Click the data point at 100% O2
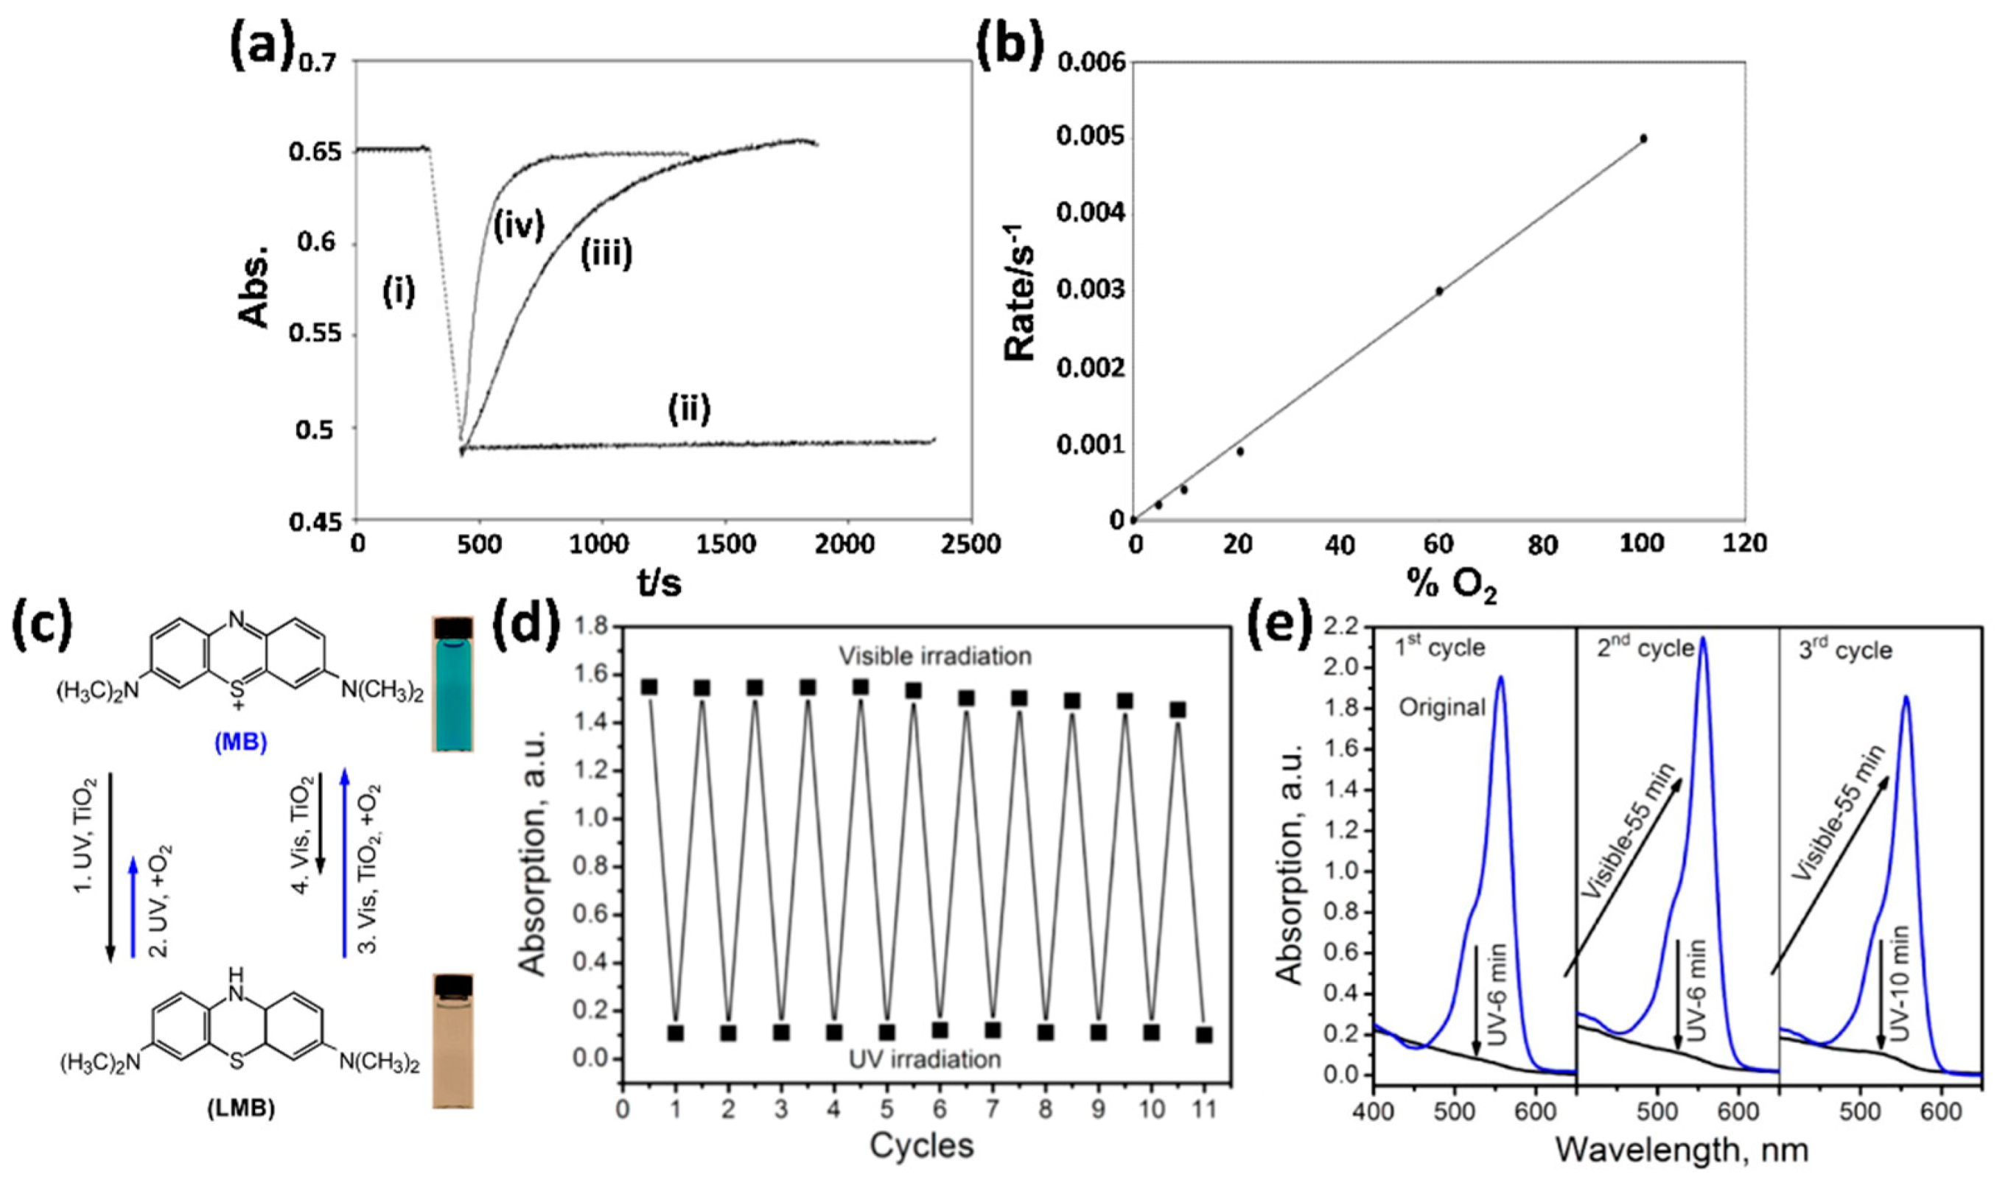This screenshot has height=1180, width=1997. tap(1643, 138)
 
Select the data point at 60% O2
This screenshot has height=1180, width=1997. tap(1438, 291)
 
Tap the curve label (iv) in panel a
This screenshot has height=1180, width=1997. tap(518, 226)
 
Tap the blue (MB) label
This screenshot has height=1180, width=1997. tap(240, 742)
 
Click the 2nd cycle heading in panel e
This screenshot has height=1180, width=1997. tap(1645, 649)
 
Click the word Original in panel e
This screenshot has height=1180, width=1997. tap(1442, 707)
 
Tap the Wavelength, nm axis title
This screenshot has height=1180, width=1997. tap(1682, 1150)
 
